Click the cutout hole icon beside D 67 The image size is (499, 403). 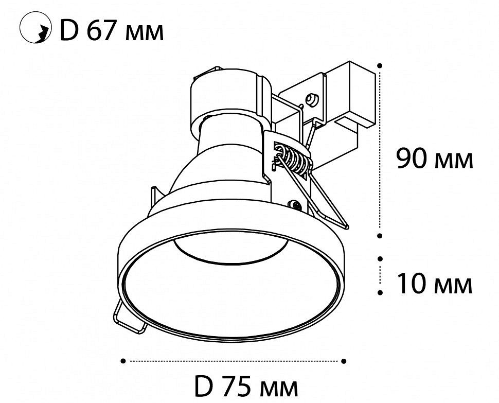[x=35, y=27]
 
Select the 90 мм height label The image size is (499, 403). [x=434, y=159]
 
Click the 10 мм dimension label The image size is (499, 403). [x=434, y=284]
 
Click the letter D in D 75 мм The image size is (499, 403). [x=203, y=386]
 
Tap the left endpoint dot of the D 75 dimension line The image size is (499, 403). [x=123, y=361]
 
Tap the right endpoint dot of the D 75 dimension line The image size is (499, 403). [x=343, y=361]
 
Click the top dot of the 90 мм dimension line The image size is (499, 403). [x=379, y=66]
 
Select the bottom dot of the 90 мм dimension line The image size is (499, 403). [x=379, y=236]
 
